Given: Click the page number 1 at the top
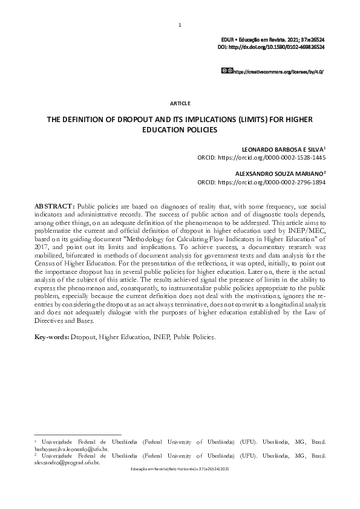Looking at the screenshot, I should coord(180,25).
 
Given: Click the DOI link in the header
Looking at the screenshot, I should coord(274,47).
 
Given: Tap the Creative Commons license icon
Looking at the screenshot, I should coord(227,71).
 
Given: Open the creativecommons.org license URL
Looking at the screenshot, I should coord(278,71).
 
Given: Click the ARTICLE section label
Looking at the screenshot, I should coord(180,103).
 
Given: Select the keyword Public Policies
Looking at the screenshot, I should coord(194,336).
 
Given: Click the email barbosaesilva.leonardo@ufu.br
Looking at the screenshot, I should coord(71,450).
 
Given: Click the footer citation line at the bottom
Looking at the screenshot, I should coord(180,469).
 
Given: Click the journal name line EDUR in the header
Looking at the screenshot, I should coord(274,39).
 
